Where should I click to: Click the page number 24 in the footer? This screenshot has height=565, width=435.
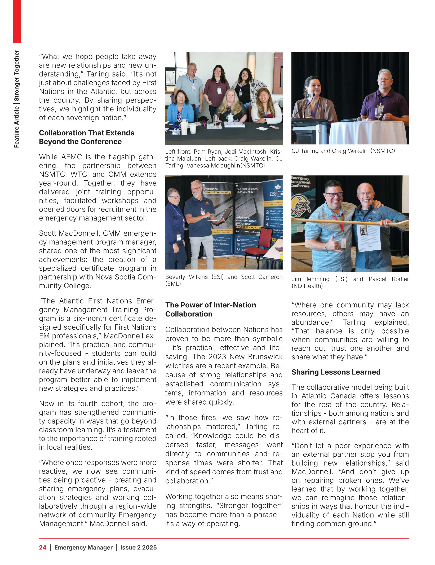[x=42, y=547]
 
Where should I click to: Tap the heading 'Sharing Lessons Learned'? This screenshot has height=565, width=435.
[x=336, y=372]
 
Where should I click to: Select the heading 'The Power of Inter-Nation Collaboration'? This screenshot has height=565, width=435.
[x=211, y=309]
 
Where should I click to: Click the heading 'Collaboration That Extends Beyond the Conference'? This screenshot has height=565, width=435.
[x=87, y=137]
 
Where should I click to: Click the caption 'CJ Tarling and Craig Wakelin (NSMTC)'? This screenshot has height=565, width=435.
[x=343, y=151]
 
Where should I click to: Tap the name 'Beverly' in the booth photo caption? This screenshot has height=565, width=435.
[x=175, y=277]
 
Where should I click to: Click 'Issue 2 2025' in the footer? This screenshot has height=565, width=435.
[x=138, y=547]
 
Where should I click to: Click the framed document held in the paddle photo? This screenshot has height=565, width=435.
[x=369, y=237]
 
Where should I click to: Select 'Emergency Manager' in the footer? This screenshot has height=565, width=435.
[x=83, y=547]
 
